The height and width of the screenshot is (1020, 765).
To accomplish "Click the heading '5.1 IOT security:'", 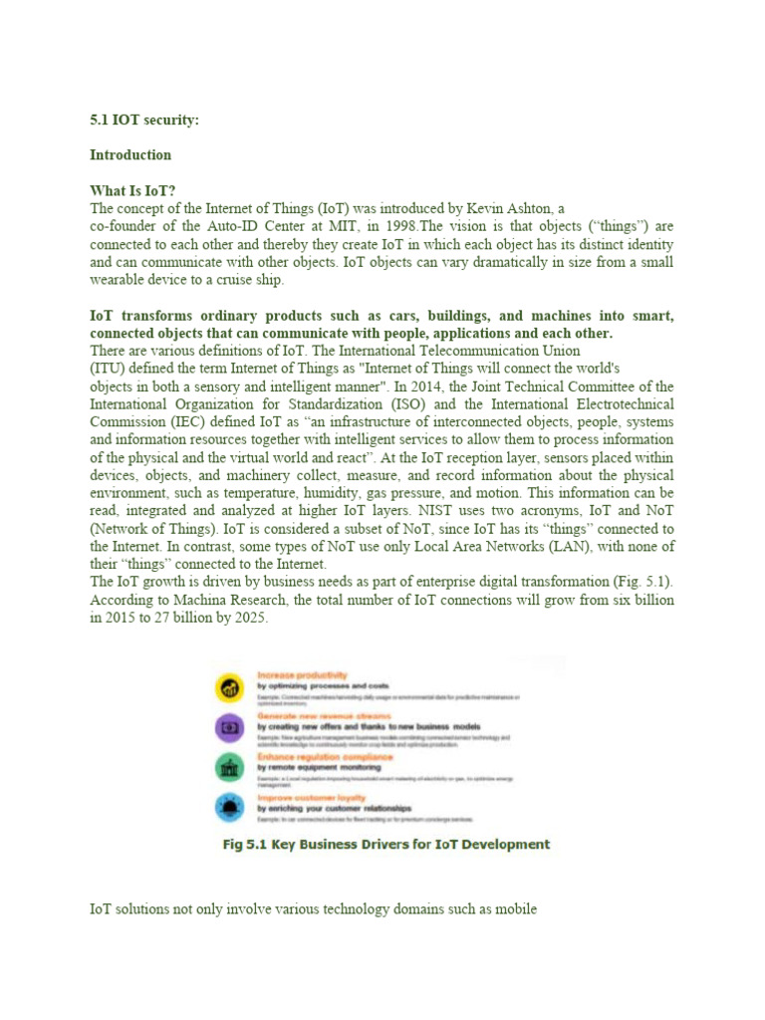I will (144, 121).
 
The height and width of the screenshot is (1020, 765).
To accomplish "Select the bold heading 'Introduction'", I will (130, 155).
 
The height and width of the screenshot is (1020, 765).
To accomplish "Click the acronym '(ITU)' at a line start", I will (108, 369).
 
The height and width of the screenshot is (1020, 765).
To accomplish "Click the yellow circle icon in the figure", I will (230, 686).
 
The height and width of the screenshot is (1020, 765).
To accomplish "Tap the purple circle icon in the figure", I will (230, 728).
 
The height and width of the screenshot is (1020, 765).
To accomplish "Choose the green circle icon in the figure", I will (230, 768).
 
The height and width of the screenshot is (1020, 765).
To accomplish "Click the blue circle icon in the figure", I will (230, 808).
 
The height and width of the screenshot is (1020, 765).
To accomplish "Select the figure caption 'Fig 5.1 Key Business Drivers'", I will (384, 845).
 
